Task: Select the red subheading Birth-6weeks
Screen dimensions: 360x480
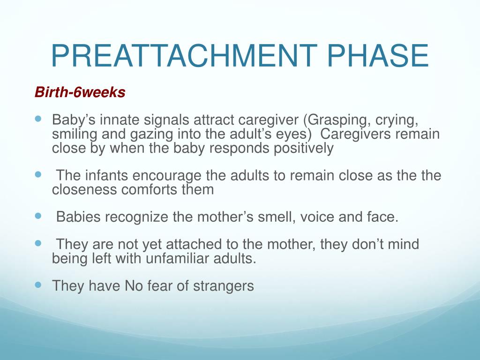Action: point(80,93)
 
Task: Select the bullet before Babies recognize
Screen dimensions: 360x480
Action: point(38,216)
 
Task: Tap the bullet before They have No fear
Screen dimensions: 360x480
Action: point(38,285)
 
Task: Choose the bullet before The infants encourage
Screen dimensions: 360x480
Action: point(38,175)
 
